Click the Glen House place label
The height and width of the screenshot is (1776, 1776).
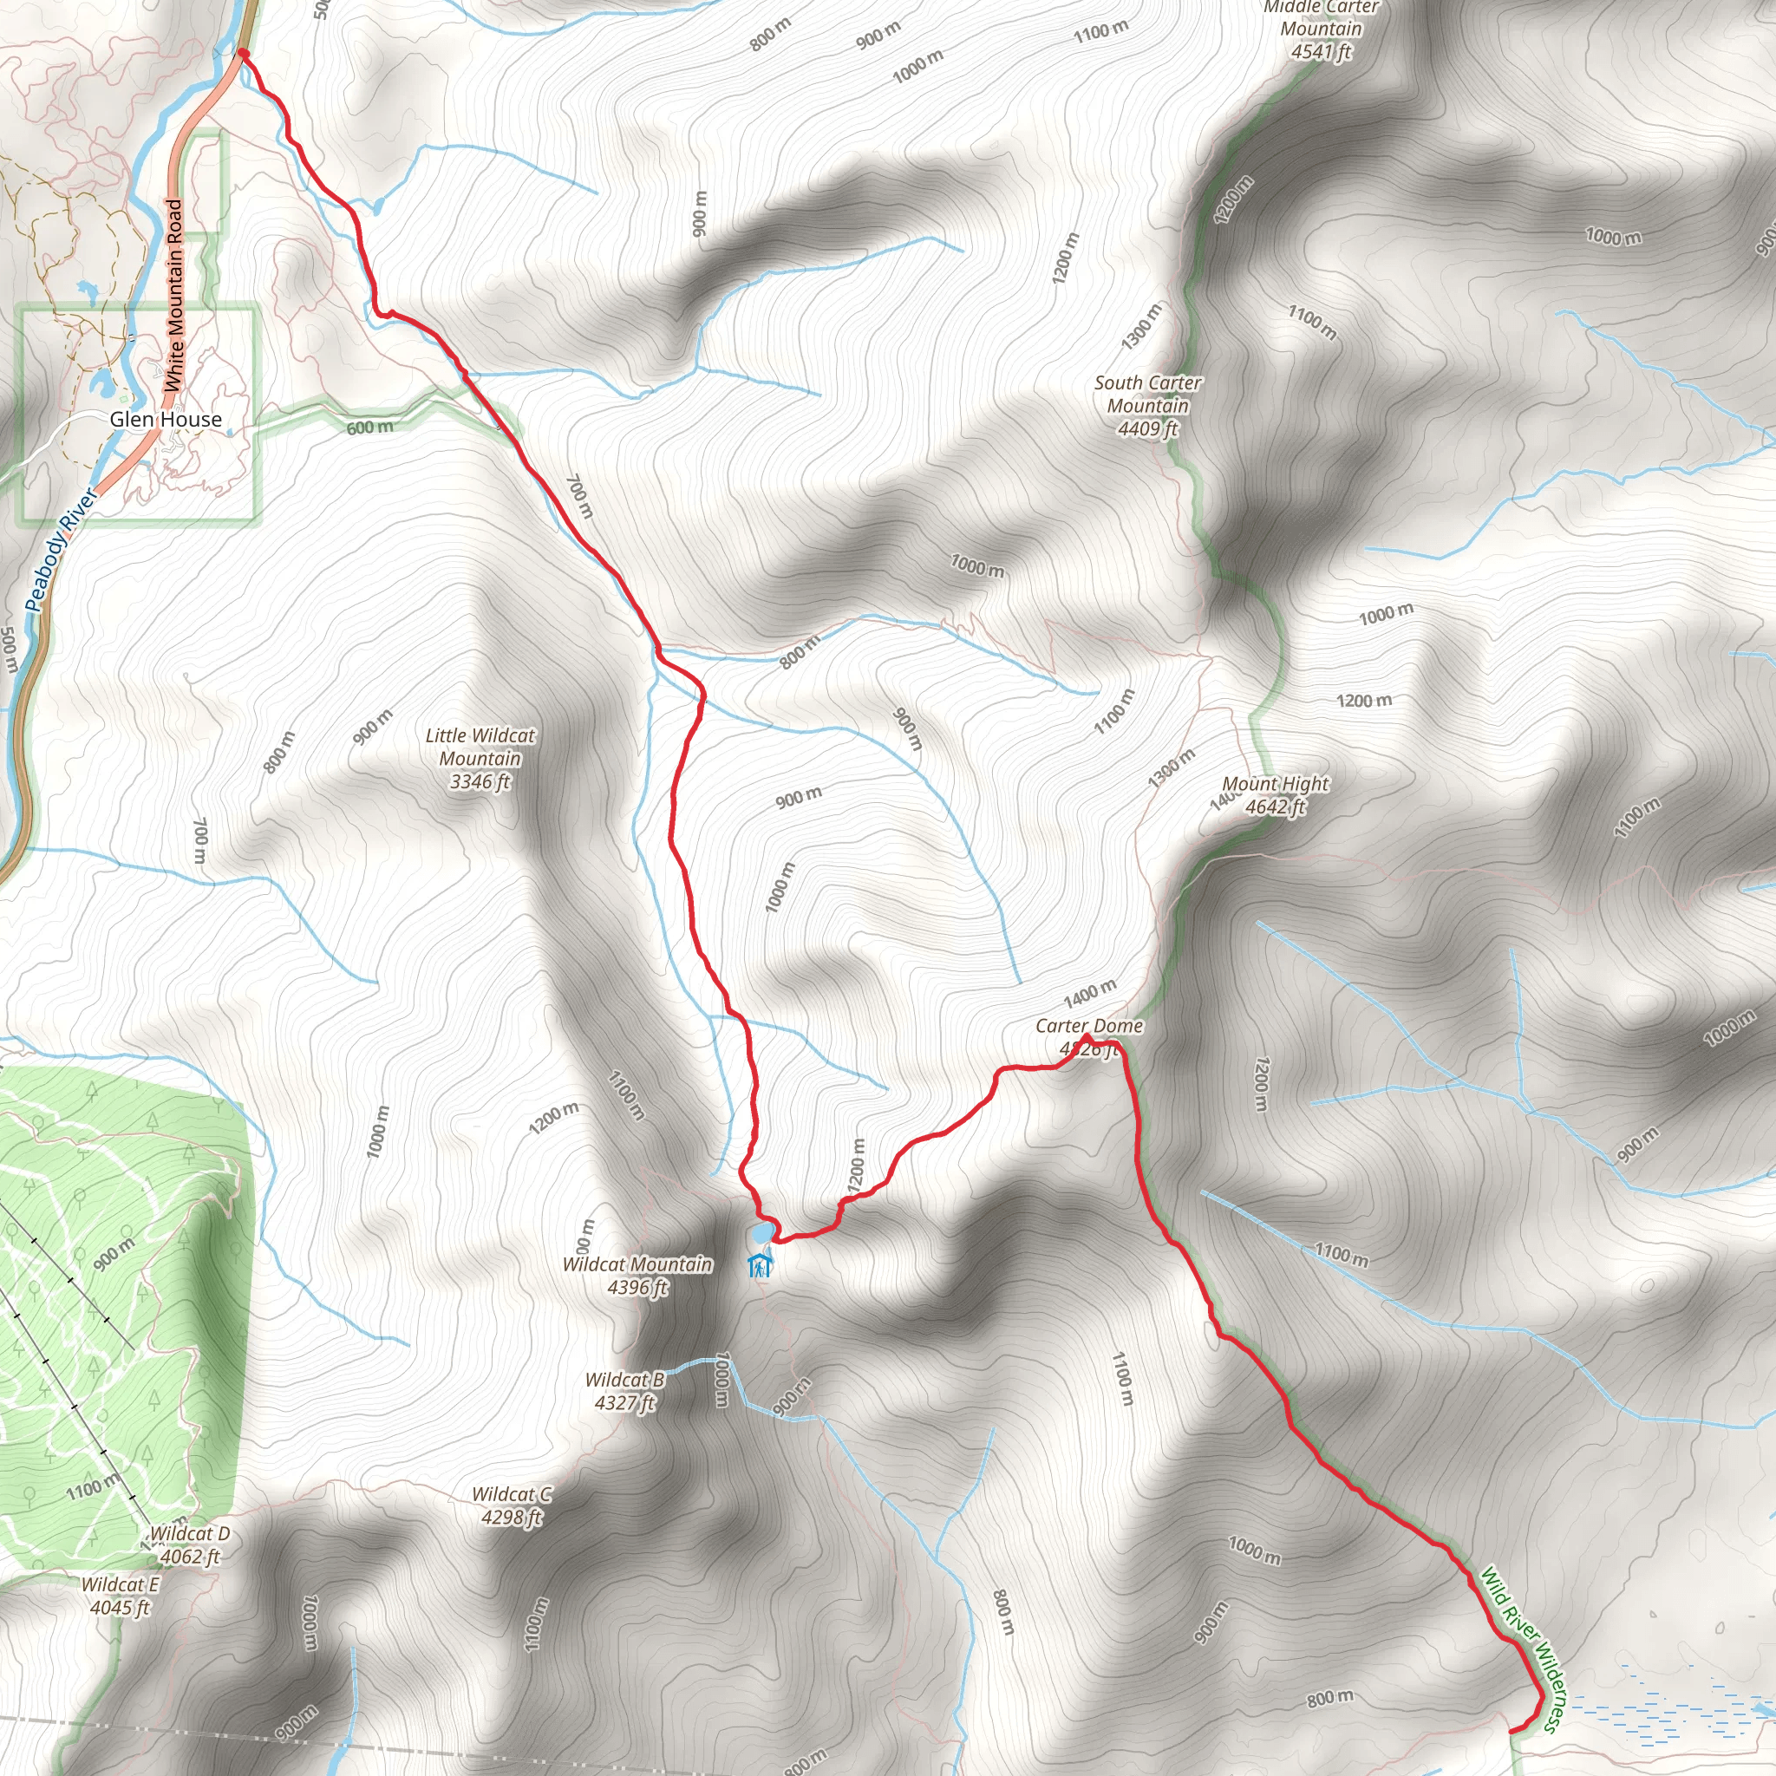click(166, 420)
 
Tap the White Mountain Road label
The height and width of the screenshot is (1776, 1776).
click(173, 296)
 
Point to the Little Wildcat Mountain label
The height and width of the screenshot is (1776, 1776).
click(480, 759)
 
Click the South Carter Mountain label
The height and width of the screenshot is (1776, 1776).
click(1147, 405)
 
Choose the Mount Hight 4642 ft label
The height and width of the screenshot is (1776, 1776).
click(1275, 795)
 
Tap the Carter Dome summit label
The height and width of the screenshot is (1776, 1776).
click(1089, 1036)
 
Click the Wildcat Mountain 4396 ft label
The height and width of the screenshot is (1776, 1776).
click(637, 1275)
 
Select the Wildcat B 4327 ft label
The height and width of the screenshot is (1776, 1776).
click(625, 1391)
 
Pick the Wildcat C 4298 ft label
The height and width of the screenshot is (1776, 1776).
click(512, 1505)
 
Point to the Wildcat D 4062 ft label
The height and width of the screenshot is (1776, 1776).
click(189, 1544)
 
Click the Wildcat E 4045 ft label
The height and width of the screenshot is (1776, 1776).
click(120, 1595)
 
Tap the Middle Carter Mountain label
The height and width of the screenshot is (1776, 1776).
click(1321, 29)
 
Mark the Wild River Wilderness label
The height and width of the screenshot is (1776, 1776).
click(1518, 1649)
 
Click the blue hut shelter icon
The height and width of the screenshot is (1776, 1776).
click(760, 1266)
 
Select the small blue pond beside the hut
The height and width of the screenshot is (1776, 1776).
click(762, 1231)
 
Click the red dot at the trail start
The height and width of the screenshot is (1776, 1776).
click(244, 53)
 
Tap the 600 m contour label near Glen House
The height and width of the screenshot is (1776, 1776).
click(369, 428)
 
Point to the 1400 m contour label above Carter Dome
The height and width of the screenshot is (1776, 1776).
click(1090, 994)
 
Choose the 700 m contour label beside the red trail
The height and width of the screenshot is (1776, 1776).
click(579, 496)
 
